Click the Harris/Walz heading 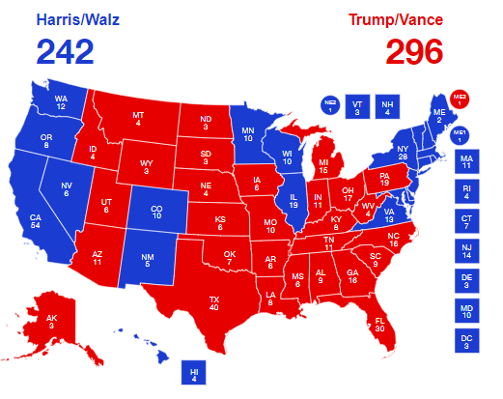78,19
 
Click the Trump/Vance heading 398,19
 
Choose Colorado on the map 157,210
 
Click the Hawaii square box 194,373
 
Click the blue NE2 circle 330,106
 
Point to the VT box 357,106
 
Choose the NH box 387,106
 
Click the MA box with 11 467,160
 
